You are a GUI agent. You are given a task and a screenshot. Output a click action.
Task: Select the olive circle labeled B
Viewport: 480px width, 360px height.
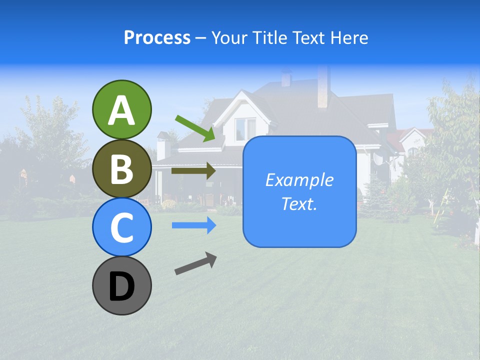pos(122,168)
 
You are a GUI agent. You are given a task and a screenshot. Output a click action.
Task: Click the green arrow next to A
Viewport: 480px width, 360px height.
pos(195,128)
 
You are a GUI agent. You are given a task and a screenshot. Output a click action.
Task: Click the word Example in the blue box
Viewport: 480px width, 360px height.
pos(299,179)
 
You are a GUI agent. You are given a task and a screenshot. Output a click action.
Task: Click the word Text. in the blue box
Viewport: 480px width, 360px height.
pos(299,203)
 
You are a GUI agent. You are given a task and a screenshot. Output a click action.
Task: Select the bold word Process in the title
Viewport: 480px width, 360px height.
pos(157,37)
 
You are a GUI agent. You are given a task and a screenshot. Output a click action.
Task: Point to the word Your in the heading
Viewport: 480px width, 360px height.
pos(230,37)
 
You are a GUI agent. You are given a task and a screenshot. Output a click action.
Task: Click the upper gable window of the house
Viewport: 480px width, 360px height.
pos(245,128)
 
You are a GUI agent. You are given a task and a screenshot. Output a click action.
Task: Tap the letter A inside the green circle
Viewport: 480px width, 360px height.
pos(122,110)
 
